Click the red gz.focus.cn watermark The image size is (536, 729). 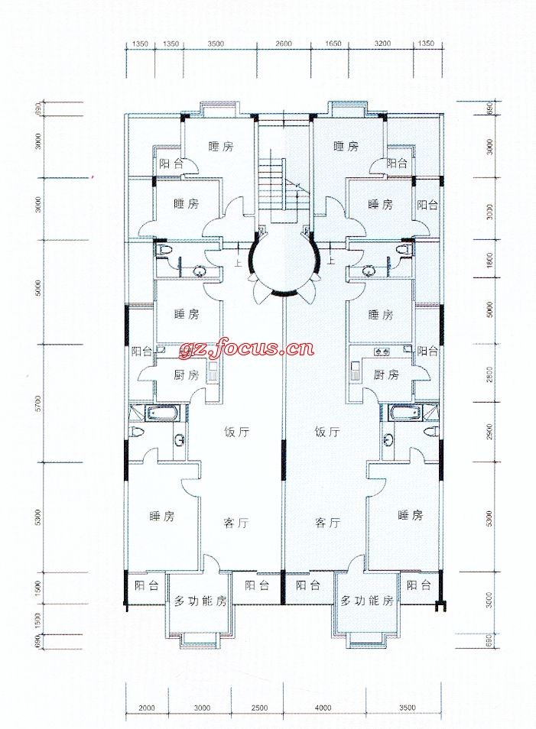tap(246, 347)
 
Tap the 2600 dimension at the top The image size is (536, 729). tap(284, 44)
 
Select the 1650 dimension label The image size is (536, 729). tap(333, 44)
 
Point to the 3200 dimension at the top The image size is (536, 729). tap(382, 44)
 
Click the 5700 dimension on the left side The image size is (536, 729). tap(38, 403)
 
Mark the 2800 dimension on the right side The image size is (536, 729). tap(489, 374)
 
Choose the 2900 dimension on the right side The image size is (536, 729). tap(489, 432)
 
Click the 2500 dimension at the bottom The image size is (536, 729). tap(260, 708)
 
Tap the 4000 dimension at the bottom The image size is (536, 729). tap(323, 708)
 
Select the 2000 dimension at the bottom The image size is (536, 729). tap(147, 708)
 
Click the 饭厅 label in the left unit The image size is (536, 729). tap(237, 432)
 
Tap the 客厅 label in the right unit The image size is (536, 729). tap(327, 523)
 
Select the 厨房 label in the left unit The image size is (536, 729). tap(186, 374)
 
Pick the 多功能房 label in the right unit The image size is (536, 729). tap(367, 601)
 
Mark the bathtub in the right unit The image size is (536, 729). tap(405, 413)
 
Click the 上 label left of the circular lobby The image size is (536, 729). tap(239, 263)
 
